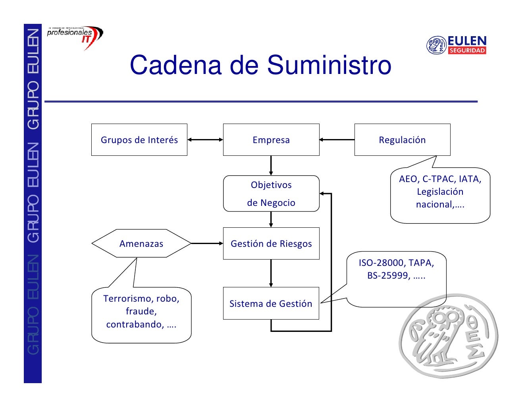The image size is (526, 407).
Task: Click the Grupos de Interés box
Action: click(x=139, y=140)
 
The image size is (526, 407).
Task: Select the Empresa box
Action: click(x=271, y=140)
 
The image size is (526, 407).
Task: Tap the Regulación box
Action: click(x=402, y=140)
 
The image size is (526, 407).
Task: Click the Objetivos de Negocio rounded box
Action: click(x=271, y=194)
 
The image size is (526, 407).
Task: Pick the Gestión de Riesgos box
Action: click(x=271, y=244)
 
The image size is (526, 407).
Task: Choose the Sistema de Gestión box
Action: click(x=271, y=303)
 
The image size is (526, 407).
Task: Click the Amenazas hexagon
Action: click(x=141, y=244)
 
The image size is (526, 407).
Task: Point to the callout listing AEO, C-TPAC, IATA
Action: click(x=440, y=195)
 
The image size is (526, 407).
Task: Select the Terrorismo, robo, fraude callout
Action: click(x=141, y=314)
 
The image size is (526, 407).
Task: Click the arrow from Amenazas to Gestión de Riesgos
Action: click(x=207, y=243)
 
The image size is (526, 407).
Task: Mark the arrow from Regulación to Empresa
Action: click(x=337, y=140)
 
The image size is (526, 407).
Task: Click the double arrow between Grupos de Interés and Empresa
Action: click(x=205, y=140)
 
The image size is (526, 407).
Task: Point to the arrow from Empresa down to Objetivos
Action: click(x=271, y=165)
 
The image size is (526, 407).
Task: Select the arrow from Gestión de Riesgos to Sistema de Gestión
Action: click(x=271, y=273)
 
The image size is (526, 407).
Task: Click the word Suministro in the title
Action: click(x=329, y=65)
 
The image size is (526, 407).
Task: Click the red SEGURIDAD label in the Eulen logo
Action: click(x=467, y=50)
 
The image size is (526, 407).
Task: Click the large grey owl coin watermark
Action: click(x=449, y=336)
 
